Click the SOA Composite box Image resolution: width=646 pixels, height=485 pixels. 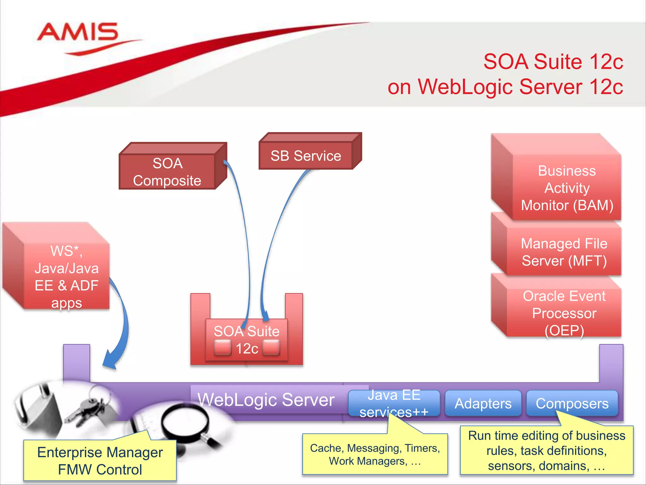tap(167, 172)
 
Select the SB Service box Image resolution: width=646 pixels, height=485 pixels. tap(306, 156)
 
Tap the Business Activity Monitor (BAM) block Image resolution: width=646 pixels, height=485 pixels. tap(567, 188)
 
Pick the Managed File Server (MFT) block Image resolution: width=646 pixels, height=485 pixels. tap(564, 252)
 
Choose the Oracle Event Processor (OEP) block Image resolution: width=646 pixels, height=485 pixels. tap(564, 313)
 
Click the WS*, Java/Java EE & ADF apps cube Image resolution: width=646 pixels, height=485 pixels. tap(66, 277)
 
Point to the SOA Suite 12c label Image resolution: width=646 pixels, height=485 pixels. tap(247, 339)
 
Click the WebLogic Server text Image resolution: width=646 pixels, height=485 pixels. tap(266, 400)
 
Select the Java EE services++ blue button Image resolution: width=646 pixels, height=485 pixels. tap(394, 403)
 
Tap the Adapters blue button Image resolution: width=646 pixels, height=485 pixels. tap(483, 403)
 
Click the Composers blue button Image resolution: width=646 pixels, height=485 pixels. tap(572, 403)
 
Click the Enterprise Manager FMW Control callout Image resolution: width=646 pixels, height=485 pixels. tap(100, 460)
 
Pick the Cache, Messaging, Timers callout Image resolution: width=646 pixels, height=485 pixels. tap(375, 454)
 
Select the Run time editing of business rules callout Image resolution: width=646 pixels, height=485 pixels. tap(546, 450)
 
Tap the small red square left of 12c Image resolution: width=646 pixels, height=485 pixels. tap(223, 348)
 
